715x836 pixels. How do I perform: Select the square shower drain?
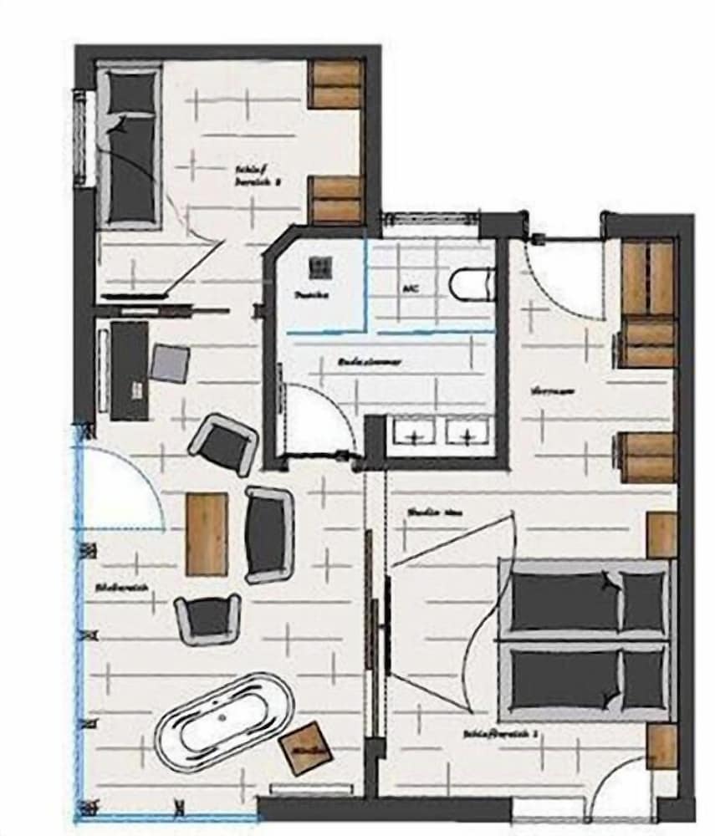tap(319, 268)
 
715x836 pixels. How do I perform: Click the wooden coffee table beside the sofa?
tap(206, 533)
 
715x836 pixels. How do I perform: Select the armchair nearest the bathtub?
tap(207, 619)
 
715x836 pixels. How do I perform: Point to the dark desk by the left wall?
tap(129, 370)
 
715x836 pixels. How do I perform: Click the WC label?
tap(411, 288)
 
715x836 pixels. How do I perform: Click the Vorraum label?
tap(544, 390)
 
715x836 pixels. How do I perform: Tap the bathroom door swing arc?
tap(318, 418)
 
